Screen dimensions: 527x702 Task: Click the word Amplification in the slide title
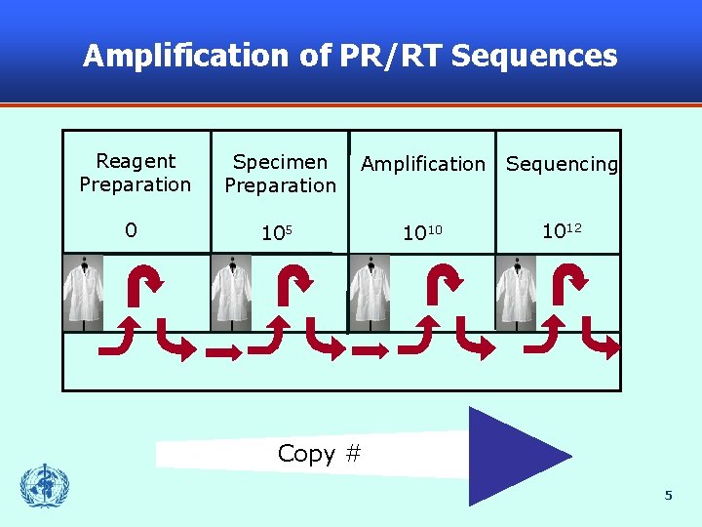[184, 56]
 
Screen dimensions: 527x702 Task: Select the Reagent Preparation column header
[136, 173]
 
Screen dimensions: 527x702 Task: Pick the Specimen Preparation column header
[280, 173]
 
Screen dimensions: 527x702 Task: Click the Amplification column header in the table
[422, 164]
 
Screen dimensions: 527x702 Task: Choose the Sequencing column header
[562, 164]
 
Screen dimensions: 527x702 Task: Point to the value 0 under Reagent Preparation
[131, 231]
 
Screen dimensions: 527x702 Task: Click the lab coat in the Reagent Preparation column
[83, 292]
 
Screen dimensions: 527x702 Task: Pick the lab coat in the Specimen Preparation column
[231, 292]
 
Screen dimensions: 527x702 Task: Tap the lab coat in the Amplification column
[370, 292]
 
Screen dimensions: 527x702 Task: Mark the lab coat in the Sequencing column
[515, 292]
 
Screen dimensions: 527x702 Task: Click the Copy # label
[320, 454]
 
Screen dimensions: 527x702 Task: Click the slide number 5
[668, 496]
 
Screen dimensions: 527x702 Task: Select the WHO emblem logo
[45, 485]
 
